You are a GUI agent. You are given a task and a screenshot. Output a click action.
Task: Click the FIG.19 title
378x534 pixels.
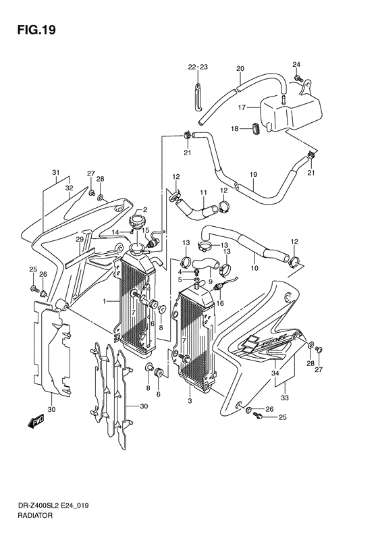tap(36, 30)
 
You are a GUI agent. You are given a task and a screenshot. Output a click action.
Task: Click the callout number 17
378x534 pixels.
tap(242, 108)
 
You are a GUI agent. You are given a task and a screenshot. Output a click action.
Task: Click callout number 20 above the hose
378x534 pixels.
tap(240, 68)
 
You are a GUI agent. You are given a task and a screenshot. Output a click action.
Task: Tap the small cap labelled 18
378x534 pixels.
tap(256, 130)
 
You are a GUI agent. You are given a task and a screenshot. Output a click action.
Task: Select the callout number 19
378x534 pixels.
tap(253, 175)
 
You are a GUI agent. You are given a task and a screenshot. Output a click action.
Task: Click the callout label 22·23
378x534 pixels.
tap(198, 67)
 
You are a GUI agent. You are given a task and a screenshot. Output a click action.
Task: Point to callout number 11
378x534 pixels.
tap(203, 192)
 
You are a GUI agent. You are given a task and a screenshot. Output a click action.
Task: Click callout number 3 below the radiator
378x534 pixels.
tap(190, 401)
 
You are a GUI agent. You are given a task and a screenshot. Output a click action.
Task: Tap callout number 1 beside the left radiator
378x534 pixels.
tap(105, 301)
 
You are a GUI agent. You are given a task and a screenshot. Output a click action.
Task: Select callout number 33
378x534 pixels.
tap(285, 398)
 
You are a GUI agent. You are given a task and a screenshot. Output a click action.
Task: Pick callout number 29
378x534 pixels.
tap(80, 240)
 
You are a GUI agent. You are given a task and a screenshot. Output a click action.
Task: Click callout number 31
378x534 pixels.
tap(56, 172)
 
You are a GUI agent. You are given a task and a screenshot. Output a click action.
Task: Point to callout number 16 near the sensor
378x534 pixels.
tap(220, 302)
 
